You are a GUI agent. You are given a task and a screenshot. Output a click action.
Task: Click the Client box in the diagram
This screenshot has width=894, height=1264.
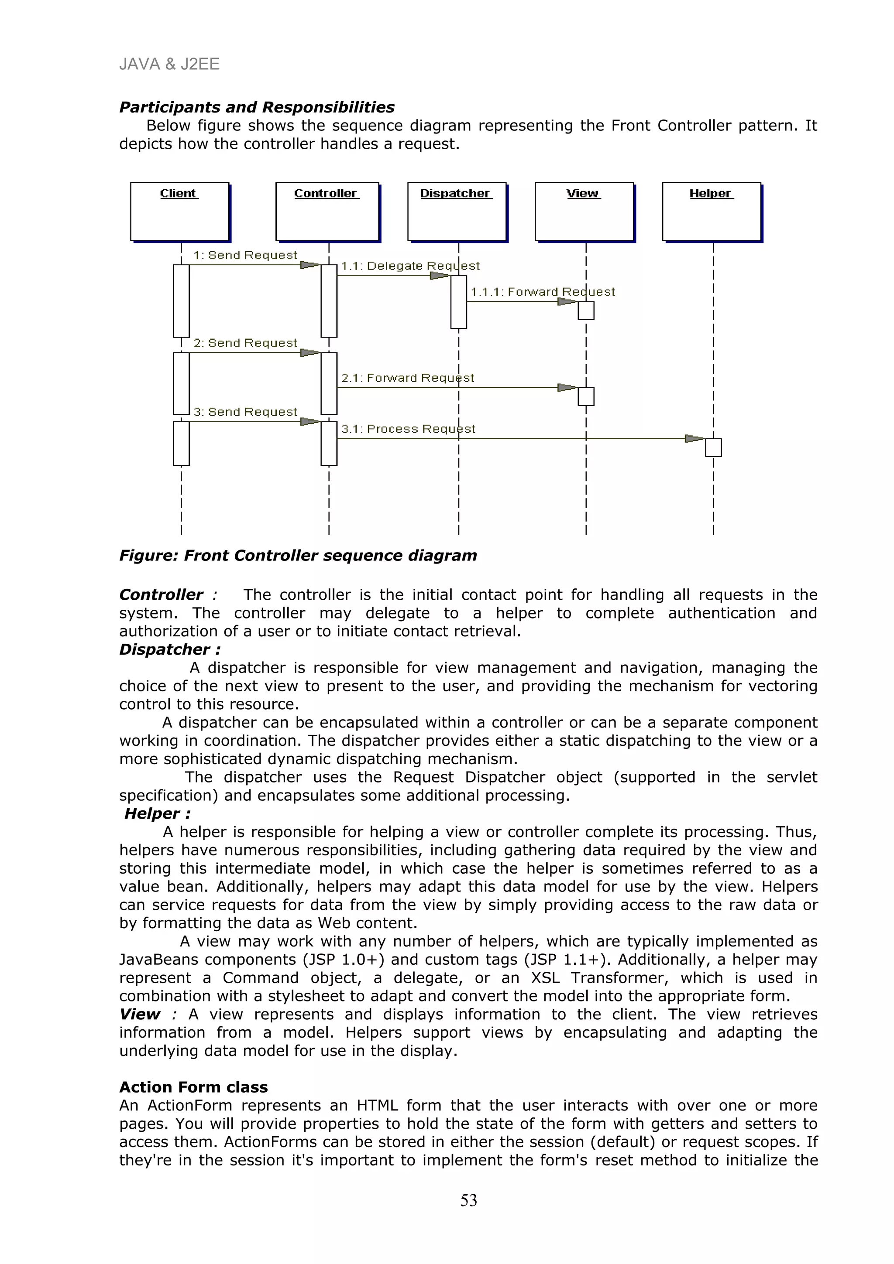tap(179, 212)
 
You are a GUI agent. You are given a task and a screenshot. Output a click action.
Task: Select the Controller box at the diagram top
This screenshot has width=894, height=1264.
tap(327, 212)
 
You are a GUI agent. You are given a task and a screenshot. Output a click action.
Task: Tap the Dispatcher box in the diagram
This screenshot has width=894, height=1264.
tap(457, 212)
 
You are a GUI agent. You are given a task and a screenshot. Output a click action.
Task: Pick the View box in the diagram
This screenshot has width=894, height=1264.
tap(584, 212)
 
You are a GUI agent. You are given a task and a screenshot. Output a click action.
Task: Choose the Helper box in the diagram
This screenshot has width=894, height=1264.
tap(711, 212)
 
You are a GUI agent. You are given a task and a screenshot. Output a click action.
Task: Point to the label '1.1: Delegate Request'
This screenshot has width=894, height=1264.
tap(410, 266)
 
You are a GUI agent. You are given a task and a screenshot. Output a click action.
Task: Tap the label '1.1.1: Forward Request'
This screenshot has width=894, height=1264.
tap(543, 292)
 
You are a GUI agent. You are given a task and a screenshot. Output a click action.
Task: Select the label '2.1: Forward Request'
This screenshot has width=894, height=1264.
tap(408, 378)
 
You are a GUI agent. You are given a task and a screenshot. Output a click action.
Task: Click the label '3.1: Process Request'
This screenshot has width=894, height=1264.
tap(408, 429)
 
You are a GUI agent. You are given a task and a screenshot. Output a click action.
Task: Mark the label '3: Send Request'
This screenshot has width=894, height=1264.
tap(245, 412)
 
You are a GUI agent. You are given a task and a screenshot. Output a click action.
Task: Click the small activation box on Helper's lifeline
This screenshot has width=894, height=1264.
tap(713, 448)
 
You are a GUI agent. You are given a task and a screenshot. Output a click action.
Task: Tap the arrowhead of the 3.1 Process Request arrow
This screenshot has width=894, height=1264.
tap(694, 439)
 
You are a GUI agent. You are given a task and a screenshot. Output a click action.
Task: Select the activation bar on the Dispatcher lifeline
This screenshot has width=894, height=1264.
tap(458, 302)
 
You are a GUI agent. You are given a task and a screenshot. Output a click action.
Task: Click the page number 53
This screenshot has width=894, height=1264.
tap(469, 1200)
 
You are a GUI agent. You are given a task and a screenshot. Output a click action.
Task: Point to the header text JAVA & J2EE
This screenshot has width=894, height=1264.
tap(169, 65)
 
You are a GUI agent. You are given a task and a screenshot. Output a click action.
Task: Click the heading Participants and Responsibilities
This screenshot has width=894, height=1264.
tap(257, 107)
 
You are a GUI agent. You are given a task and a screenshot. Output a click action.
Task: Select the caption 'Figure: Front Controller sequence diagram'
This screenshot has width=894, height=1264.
tap(298, 556)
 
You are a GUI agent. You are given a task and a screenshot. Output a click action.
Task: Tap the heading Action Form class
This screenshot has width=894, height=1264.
tap(193, 1087)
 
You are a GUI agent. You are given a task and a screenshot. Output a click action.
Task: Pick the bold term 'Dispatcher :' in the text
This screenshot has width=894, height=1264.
tap(170, 649)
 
